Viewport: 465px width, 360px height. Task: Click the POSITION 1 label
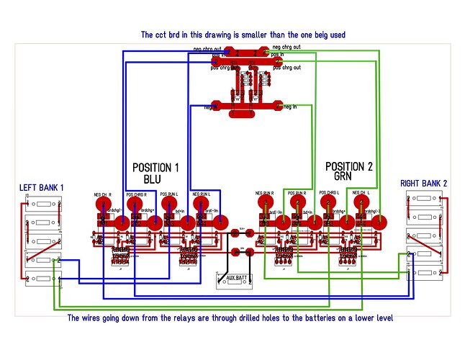point(155,167)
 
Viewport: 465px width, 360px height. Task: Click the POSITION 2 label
point(348,166)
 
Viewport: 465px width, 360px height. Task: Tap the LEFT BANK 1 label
point(42,188)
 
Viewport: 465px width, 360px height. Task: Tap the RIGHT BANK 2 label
point(423,184)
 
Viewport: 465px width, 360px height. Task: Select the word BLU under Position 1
point(153,178)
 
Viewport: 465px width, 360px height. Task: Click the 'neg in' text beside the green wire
point(292,107)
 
